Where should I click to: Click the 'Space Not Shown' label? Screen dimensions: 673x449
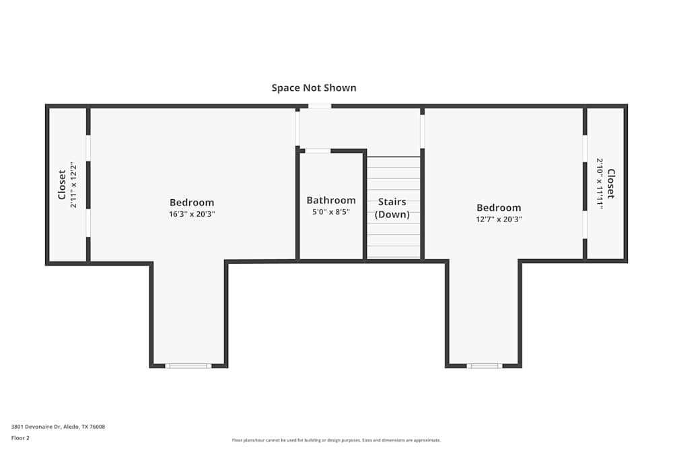(x=314, y=88)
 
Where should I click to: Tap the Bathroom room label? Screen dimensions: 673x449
(x=331, y=201)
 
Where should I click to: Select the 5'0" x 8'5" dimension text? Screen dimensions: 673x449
(x=331, y=211)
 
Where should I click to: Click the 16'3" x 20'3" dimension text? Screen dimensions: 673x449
(x=192, y=214)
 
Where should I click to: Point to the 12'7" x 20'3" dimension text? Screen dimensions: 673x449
(x=499, y=219)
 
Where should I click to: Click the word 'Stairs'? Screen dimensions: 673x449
(x=392, y=202)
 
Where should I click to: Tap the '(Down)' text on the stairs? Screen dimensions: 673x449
(x=392, y=214)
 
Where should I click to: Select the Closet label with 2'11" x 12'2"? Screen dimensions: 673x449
(x=62, y=184)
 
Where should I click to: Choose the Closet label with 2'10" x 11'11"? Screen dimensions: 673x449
(x=611, y=184)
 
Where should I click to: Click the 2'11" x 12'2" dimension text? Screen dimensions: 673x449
(x=73, y=185)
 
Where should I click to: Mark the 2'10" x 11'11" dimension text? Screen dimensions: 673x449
(x=600, y=184)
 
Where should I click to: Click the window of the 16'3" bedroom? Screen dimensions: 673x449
(x=188, y=366)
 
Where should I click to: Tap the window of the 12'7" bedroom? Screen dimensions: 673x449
(x=485, y=366)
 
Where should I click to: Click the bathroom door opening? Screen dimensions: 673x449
(x=318, y=151)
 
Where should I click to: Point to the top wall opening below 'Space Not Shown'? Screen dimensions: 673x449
(x=320, y=106)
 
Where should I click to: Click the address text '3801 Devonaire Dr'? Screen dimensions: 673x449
(x=36, y=427)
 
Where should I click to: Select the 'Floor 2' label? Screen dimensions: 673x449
(x=20, y=438)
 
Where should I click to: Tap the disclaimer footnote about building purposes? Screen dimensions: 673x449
(x=336, y=440)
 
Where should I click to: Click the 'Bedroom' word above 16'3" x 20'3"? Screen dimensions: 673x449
(x=192, y=203)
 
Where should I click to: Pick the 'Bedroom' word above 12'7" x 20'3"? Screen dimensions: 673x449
(x=499, y=208)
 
